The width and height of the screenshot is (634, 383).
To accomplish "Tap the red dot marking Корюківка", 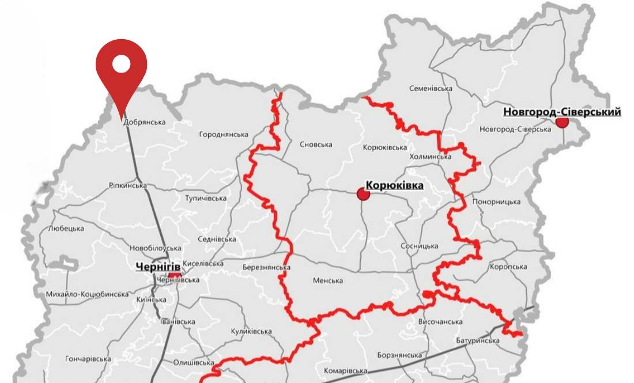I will (x=363, y=194).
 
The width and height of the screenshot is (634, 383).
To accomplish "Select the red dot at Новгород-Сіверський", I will (x=562, y=122).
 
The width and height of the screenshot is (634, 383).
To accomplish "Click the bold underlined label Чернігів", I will (x=158, y=267).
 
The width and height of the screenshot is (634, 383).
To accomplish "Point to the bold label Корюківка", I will (x=394, y=185).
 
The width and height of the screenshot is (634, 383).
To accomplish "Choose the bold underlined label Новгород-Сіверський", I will (x=562, y=112).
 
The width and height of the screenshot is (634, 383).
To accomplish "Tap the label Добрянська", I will (x=144, y=122).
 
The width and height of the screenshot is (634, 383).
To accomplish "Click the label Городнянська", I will (x=224, y=135).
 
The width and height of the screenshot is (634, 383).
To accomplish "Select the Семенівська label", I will (x=431, y=89).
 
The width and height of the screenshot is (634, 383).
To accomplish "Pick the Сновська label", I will (x=316, y=145).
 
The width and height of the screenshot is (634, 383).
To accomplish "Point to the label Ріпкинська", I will (x=127, y=185).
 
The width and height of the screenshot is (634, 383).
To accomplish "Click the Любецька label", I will (x=66, y=229).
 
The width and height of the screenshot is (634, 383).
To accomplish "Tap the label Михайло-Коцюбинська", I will (x=88, y=294).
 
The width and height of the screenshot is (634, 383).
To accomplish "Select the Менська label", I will (x=328, y=281).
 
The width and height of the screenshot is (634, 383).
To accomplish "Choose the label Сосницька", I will (x=420, y=247).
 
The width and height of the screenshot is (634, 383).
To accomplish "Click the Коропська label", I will (x=508, y=267).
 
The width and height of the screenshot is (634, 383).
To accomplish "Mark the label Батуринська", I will (x=478, y=341).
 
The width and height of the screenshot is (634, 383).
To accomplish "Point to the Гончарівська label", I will (x=88, y=358).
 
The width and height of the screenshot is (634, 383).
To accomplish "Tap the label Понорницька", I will (x=496, y=202).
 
